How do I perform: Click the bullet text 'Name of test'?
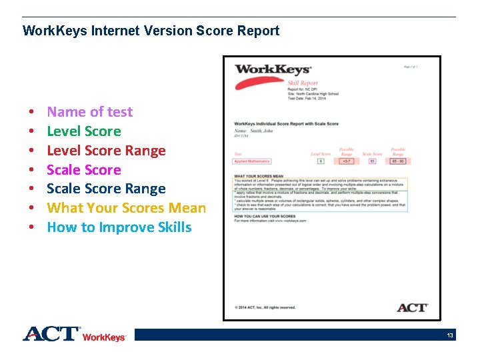[x=89, y=112]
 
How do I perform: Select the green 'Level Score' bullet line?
[x=83, y=131]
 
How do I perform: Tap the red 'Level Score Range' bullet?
[x=106, y=151]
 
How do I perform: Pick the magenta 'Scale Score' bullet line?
[x=83, y=170]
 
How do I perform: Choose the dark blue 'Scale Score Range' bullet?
[x=106, y=189]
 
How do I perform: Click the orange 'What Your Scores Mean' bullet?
[x=126, y=208]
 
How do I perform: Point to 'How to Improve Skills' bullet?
[x=119, y=227]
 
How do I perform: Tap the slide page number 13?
[x=450, y=335]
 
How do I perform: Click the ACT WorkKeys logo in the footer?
[x=74, y=334]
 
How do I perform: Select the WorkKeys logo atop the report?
[x=272, y=69]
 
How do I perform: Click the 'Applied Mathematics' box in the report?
[x=252, y=161]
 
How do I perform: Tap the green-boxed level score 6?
[x=321, y=161]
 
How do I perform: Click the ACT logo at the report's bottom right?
[x=412, y=307]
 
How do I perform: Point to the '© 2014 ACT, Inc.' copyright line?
[x=265, y=307]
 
